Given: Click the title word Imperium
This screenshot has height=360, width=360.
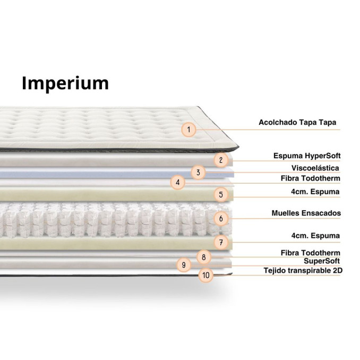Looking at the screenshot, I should pyautogui.click(x=65, y=83).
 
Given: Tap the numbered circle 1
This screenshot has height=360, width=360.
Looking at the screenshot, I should pyautogui.click(x=189, y=128).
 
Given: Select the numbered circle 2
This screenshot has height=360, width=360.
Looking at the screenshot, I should pyautogui.click(x=222, y=159).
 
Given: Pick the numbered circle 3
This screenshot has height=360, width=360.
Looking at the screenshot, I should pyautogui.click(x=198, y=172).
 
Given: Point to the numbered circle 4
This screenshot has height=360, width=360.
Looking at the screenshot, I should pyautogui.click(x=178, y=183).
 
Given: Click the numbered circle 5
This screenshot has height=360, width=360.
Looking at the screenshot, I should pyautogui.click(x=221, y=194).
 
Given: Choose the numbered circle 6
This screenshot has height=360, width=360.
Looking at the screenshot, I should pyautogui.click(x=221, y=218).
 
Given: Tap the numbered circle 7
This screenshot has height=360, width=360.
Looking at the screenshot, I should pyautogui.click(x=221, y=243).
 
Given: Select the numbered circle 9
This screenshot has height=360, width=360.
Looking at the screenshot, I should pyautogui.click(x=183, y=264).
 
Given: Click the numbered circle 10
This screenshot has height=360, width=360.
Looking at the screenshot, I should pyautogui.click(x=205, y=275).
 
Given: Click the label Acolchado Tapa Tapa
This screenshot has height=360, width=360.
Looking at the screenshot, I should pyautogui.click(x=297, y=123).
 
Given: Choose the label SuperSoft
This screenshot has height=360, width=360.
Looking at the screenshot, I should pyautogui.click(x=322, y=261).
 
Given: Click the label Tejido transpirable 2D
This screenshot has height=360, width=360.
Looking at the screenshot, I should pyautogui.click(x=303, y=270).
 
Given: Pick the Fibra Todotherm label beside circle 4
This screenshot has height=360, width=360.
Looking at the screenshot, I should pyautogui.click(x=310, y=178).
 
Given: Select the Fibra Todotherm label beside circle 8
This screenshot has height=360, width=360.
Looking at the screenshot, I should pyautogui.click(x=310, y=252).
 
